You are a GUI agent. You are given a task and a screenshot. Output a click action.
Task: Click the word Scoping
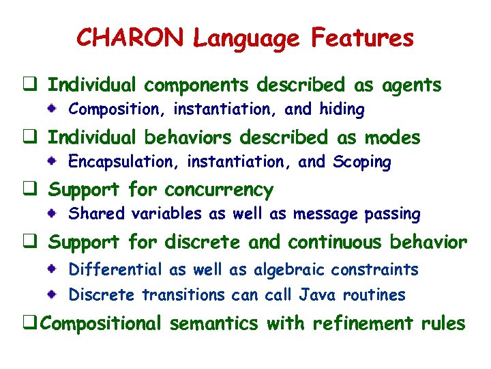click(361, 163)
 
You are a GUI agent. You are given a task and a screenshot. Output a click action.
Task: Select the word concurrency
click(219, 190)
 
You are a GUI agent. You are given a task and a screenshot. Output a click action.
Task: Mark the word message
click(325, 215)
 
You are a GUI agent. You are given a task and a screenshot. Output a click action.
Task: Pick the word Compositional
click(102, 323)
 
